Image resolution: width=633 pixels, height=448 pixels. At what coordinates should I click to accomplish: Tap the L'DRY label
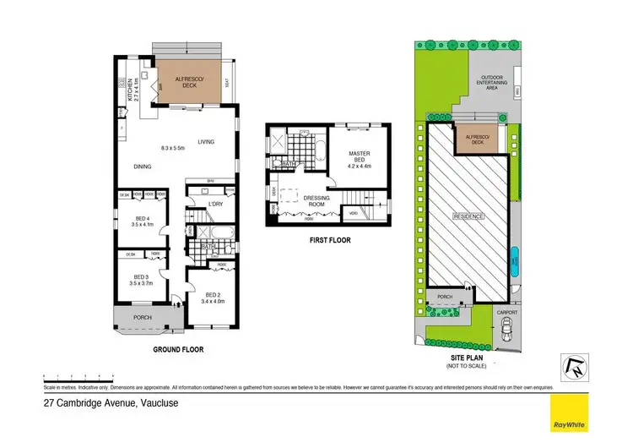point(215,205)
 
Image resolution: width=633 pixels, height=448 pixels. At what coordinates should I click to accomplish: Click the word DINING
point(142,167)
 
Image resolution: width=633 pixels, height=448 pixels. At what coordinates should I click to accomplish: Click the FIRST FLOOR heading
point(329,240)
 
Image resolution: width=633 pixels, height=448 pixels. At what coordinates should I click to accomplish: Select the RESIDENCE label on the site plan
point(471,216)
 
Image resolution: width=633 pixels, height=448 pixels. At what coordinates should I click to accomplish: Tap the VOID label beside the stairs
point(352,213)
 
